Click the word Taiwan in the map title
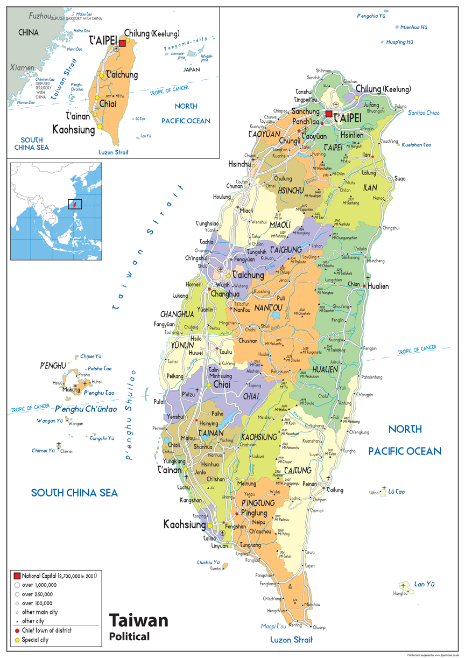(138, 620)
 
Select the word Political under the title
(129, 636)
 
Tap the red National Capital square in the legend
(17, 576)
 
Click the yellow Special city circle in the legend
(17, 640)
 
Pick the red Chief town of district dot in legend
(17, 630)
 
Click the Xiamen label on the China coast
(22, 68)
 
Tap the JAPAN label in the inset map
(192, 69)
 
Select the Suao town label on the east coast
(400, 178)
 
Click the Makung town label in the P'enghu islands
(71, 389)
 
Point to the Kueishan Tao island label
(417, 145)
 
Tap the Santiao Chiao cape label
(424, 113)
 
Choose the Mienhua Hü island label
(414, 27)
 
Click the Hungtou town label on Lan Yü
(400, 593)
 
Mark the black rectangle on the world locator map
(75, 204)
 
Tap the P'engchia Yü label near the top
(371, 16)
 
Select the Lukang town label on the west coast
(180, 296)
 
